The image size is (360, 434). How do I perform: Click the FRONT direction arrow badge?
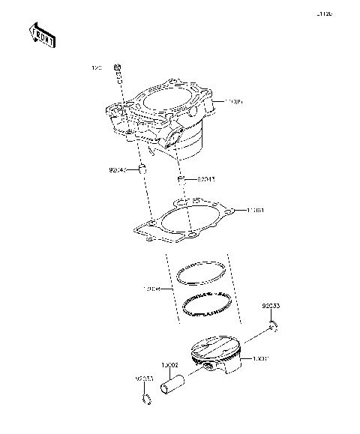tap(40, 36)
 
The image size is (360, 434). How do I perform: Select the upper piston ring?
tap(201, 274)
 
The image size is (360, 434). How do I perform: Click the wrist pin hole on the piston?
tap(205, 367)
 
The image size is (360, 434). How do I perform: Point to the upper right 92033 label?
tap(271, 307)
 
